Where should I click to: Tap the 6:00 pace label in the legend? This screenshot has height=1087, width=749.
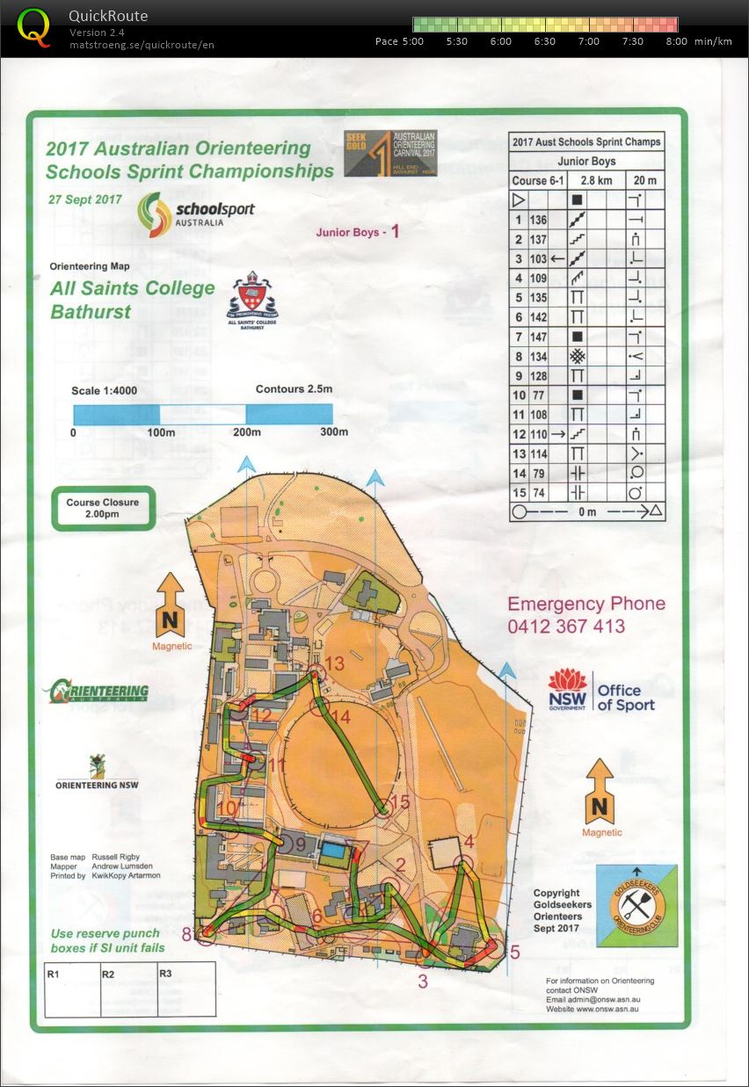[x=500, y=41]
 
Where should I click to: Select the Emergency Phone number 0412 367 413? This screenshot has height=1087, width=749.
[x=565, y=627]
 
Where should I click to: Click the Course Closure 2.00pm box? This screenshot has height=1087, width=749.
[x=103, y=509]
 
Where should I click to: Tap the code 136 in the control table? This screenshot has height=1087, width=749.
[x=537, y=220]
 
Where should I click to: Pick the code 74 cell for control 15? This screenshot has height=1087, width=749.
[x=537, y=493]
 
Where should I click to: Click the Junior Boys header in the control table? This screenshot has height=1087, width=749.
[x=586, y=161]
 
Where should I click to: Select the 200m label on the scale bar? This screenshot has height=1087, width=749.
[x=247, y=432]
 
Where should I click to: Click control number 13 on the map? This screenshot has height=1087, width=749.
[x=335, y=663]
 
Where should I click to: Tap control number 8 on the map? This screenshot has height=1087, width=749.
[x=186, y=934]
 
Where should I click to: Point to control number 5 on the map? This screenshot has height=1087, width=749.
[x=514, y=951]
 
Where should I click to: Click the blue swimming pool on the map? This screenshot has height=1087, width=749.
[x=332, y=851]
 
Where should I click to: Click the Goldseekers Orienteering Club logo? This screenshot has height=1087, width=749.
[x=637, y=906]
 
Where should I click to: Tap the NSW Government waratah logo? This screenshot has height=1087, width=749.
[x=567, y=685]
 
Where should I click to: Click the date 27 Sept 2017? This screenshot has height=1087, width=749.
[x=84, y=199]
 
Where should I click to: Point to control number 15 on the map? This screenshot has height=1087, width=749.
[x=400, y=801]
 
